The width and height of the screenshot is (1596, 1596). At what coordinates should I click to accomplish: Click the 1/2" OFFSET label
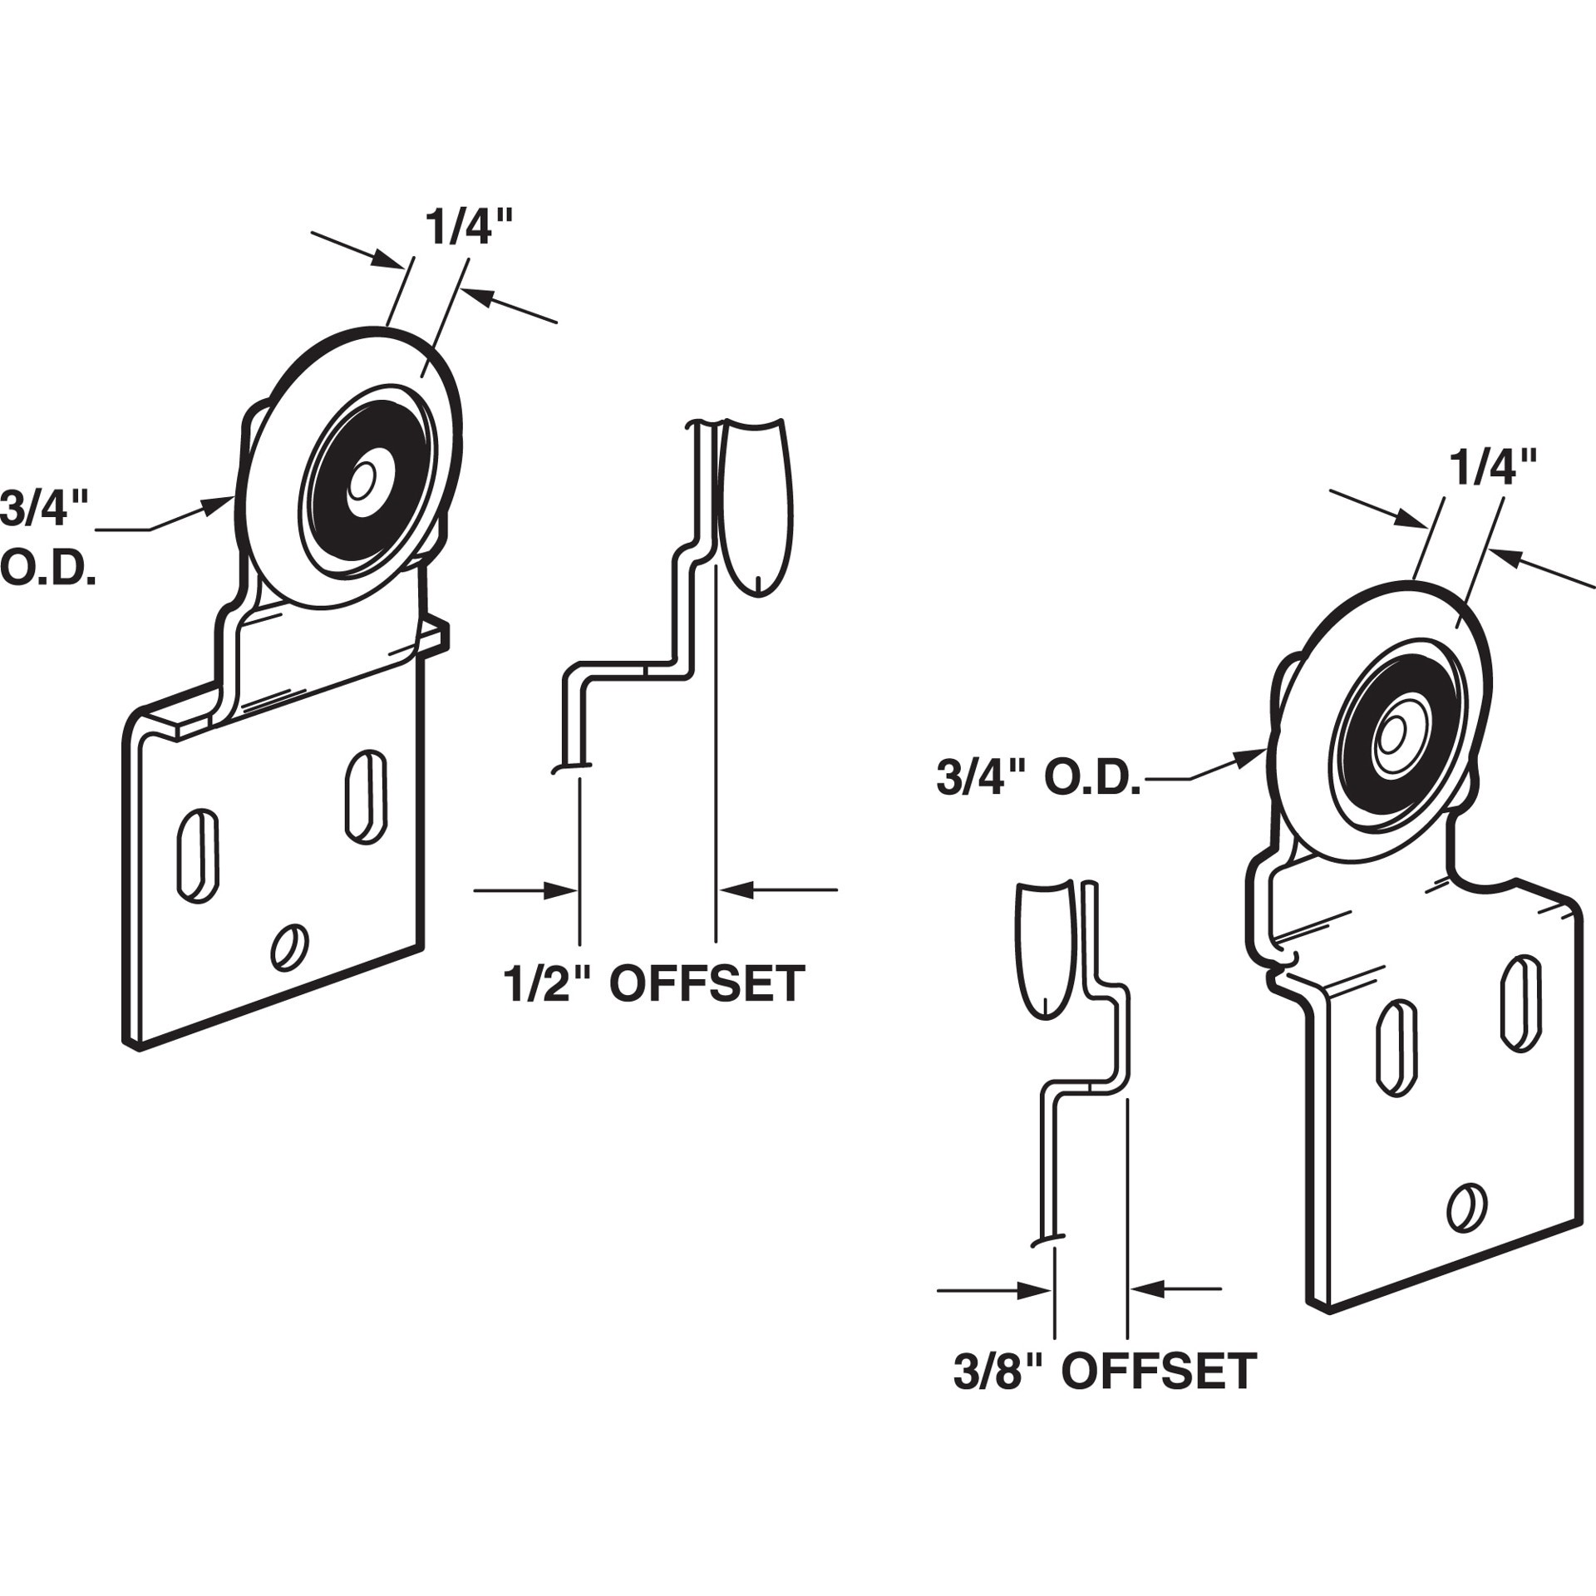click(653, 983)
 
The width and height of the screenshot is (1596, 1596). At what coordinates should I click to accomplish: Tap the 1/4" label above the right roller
click(1493, 468)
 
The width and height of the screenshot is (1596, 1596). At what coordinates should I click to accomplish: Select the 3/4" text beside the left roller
click(45, 509)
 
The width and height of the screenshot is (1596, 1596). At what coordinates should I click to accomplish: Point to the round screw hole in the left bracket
click(290, 946)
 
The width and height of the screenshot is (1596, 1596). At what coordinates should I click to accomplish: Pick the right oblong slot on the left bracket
click(366, 797)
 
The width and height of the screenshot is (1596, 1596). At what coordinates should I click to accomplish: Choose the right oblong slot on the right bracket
click(1521, 1004)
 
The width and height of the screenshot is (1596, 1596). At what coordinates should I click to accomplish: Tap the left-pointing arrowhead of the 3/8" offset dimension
click(1147, 1313)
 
